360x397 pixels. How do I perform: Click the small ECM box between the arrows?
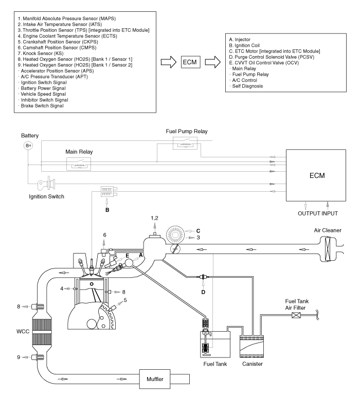[x=190, y=62]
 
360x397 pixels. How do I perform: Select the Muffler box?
[x=155, y=379]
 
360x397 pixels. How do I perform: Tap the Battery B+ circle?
[x=28, y=146]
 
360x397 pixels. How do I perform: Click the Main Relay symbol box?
[x=79, y=164]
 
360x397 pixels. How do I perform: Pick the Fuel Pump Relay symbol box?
[x=185, y=143]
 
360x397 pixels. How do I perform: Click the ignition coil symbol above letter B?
[x=109, y=192]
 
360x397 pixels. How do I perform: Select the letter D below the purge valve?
[x=203, y=292]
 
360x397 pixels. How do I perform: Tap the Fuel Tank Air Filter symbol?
[x=296, y=315]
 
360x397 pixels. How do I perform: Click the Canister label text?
[x=252, y=364]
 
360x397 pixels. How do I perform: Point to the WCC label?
[x=23, y=331]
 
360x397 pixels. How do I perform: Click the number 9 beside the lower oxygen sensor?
[x=19, y=357]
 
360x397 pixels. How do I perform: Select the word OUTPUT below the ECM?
[x=309, y=213]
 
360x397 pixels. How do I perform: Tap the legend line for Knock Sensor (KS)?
[x=41, y=53]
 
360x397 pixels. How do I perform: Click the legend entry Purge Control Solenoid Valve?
[x=272, y=57]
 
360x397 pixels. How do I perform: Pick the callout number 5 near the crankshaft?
[x=125, y=300]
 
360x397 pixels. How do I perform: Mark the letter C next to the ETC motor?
[x=198, y=231]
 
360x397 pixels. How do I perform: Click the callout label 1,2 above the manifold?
[x=154, y=218]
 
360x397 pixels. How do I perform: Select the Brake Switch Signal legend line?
[x=41, y=106]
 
